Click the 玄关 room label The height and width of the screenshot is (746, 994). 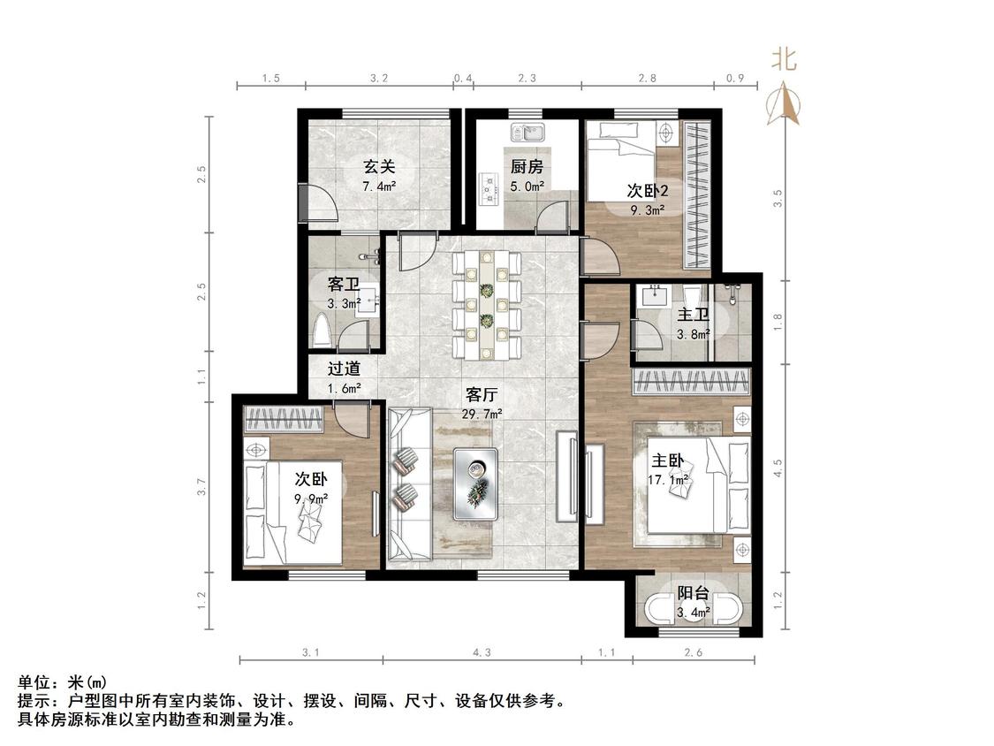tap(380, 166)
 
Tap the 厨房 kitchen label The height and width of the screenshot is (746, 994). tap(527, 167)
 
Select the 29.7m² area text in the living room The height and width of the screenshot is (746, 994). tap(482, 414)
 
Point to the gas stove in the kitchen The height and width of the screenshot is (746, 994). tap(488, 189)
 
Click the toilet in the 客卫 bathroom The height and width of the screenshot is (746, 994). tap(322, 331)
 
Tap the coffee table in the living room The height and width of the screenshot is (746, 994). tap(475, 484)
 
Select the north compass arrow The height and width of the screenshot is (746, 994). tap(785, 102)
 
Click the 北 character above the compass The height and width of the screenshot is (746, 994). tap(785, 60)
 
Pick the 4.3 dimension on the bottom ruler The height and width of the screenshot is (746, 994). tap(482, 652)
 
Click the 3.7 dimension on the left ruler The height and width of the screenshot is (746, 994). tap(201, 487)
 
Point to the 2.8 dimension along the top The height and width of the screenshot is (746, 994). tap(648, 78)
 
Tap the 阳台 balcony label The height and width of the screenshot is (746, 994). tap(693, 593)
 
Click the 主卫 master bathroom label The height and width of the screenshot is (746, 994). tap(693, 315)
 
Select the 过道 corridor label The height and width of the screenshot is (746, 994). tap(345, 368)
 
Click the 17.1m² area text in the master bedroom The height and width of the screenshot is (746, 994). tap(668, 480)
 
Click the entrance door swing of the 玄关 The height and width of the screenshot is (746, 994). tap(320, 203)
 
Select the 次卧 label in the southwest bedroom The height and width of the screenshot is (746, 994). tap(311, 478)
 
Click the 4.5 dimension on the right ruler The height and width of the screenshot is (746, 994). tap(778, 468)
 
